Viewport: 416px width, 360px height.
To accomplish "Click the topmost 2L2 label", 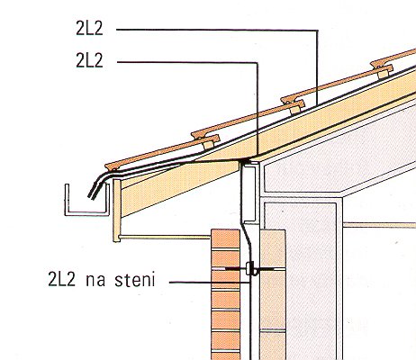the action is tap(89, 29).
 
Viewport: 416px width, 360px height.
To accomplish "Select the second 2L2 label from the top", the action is tap(89, 60).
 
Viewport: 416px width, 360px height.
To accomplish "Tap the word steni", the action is tap(135, 279).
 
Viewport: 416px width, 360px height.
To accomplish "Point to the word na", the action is tap(95, 281).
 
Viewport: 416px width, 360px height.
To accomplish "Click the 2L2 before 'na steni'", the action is tap(61, 279).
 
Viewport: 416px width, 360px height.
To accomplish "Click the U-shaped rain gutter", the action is tap(86, 213).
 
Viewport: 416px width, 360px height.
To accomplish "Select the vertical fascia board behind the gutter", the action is tap(117, 211).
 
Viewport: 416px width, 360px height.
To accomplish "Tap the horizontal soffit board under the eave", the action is tap(165, 238).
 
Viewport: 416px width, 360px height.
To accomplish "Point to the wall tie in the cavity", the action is tap(249, 269).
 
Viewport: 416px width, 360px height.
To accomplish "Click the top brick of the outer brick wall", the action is tap(225, 238).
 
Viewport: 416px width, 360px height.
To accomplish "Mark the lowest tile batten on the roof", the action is tap(209, 145).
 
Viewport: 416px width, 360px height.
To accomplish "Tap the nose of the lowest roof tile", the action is tap(109, 167).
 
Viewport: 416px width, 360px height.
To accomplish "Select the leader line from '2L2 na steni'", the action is tap(210, 283).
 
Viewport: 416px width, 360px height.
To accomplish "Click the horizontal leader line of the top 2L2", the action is tap(217, 30).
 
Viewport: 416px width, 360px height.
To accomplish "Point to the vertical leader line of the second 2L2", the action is tap(258, 110).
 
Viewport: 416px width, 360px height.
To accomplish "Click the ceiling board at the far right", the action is tap(379, 225).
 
